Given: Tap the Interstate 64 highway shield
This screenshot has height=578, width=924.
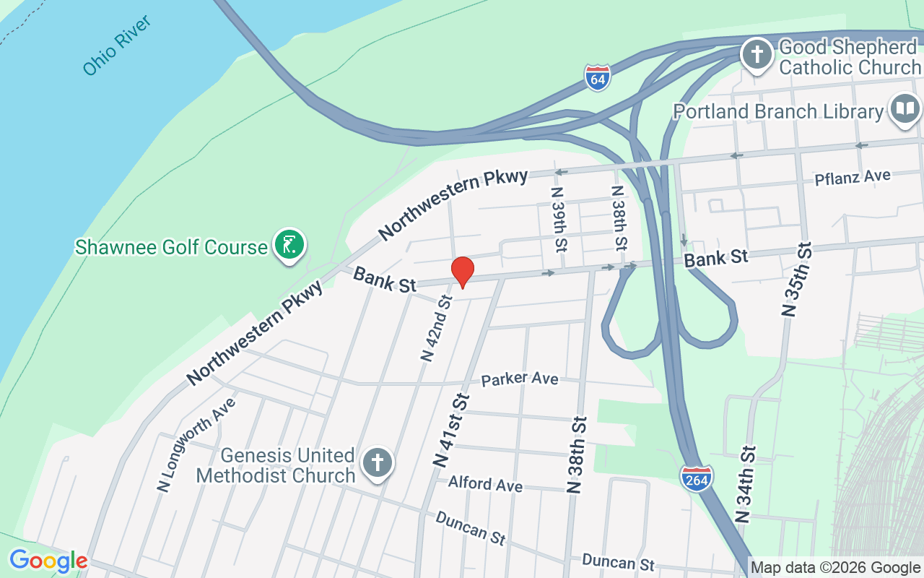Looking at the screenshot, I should pyautogui.click(x=598, y=77).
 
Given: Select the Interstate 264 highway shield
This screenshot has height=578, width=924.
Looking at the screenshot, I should pyautogui.click(x=696, y=478).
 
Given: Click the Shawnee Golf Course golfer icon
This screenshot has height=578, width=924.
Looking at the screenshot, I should pyautogui.click(x=289, y=246).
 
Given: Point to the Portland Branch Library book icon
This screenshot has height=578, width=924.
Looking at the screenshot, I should pyautogui.click(x=905, y=110).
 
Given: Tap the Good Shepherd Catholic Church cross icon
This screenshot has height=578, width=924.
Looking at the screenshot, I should pyautogui.click(x=757, y=55).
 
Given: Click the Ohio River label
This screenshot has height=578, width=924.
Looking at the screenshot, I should pyautogui.click(x=116, y=46).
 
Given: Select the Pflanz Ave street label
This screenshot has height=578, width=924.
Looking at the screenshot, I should pyautogui.click(x=852, y=178).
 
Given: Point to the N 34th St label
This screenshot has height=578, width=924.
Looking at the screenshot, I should pyautogui.click(x=746, y=484).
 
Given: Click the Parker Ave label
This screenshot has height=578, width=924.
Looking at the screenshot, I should pyautogui.click(x=520, y=379).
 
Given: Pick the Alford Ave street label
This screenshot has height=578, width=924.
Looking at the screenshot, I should pyautogui.click(x=485, y=483).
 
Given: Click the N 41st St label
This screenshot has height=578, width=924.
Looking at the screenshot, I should pyautogui.click(x=451, y=431).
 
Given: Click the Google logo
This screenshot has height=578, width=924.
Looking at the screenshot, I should pyautogui.click(x=48, y=561).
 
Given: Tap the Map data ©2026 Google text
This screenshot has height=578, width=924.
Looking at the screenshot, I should pyautogui.click(x=834, y=568).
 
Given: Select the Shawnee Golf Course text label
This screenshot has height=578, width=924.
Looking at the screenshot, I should pyautogui.click(x=171, y=247).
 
